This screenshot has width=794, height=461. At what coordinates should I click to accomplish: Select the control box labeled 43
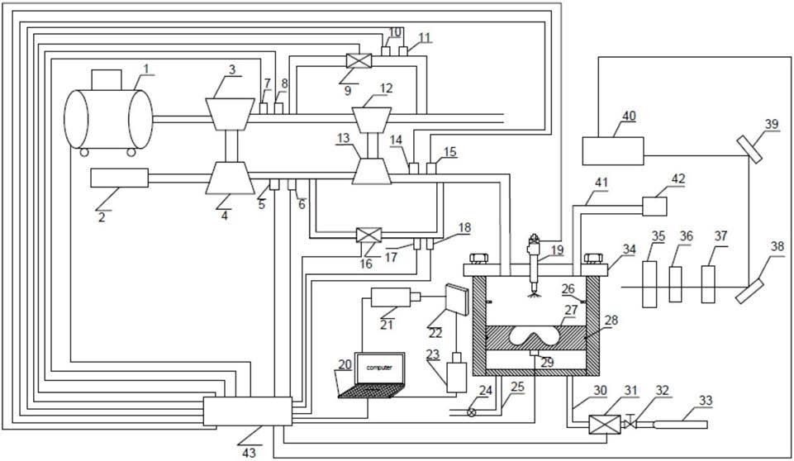(x=248, y=411)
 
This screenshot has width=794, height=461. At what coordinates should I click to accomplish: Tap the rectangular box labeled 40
(x=613, y=151)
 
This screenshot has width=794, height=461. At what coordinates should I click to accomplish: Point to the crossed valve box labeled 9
(x=359, y=61)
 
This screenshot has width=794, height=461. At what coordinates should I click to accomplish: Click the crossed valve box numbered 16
(x=369, y=235)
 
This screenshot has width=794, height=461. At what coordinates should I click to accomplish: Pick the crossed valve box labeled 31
(x=605, y=425)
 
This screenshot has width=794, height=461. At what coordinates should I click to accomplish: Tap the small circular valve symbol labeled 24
(x=472, y=412)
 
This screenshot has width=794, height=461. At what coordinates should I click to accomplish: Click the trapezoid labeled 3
(x=230, y=114)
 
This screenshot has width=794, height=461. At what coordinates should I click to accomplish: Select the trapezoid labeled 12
(x=372, y=120)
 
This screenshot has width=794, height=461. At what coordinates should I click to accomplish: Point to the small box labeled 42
(x=654, y=207)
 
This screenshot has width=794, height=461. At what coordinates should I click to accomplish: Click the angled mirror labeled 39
(x=749, y=149)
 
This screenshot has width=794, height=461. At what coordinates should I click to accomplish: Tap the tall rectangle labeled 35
(x=649, y=284)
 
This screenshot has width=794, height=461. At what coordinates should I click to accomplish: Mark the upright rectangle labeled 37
(x=708, y=284)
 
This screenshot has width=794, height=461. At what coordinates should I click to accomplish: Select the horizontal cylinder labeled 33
(x=680, y=425)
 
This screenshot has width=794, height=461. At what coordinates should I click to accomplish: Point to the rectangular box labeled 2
(x=120, y=178)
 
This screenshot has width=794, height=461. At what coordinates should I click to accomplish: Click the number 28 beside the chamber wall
(x=611, y=321)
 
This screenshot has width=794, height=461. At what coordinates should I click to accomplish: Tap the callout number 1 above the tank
(x=146, y=66)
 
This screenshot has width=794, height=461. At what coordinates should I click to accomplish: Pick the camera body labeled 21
(x=391, y=297)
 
